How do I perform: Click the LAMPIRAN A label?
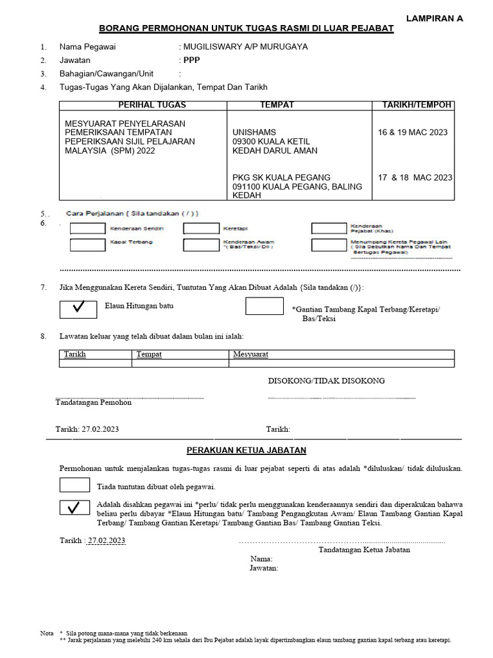(x=435, y=19)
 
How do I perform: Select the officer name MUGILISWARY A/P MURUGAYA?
(x=246, y=47)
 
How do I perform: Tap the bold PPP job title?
(x=191, y=60)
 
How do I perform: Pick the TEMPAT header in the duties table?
(x=277, y=105)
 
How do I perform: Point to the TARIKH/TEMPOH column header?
(x=417, y=105)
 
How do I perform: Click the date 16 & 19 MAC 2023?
(x=413, y=132)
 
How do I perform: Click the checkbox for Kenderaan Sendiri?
(x=87, y=228)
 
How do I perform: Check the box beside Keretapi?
(x=200, y=228)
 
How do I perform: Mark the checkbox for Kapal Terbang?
(x=87, y=244)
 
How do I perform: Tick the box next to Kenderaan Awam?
(x=200, y=244)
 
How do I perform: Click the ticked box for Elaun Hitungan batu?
(x=78, y=308)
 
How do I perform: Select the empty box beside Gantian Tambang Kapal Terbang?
(x=264, y=307)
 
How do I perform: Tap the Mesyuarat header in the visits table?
(x=251, y=354)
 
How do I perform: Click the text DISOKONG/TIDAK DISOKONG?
(x=326, y=381)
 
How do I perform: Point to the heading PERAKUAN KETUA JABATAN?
(x=246, y=450)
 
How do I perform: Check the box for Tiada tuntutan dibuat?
(x=74, y=485)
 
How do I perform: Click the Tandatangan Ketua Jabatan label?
(x=364, y=549)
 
